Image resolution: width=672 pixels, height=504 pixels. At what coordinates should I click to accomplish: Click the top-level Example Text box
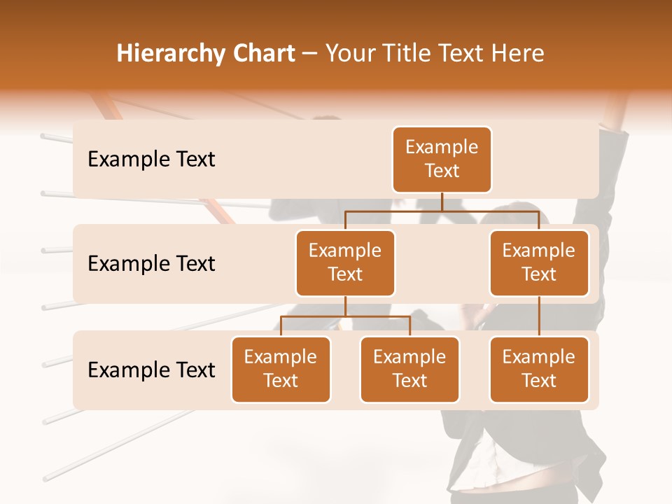(442, 160)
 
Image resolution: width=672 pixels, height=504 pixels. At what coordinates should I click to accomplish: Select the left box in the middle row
(345, 262)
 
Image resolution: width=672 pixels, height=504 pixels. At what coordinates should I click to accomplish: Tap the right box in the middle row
(539, 262)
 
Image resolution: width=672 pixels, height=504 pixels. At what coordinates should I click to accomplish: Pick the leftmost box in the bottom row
(281, 369)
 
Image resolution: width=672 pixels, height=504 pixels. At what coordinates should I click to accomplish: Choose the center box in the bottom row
(409, 369)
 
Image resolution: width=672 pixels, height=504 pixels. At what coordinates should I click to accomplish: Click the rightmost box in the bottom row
(539, 369)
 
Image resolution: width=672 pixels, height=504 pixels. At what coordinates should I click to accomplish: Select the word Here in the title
(518, 53)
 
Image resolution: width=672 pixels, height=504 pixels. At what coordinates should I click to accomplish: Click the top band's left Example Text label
(151, 160)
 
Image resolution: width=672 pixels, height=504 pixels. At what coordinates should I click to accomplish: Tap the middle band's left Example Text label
(151, 264)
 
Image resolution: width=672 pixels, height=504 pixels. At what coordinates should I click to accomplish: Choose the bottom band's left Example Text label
(151, 370)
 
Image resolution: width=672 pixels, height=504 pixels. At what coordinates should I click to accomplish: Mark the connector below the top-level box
(442, 202)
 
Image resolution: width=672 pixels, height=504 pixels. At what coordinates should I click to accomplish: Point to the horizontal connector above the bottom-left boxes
(345, 316)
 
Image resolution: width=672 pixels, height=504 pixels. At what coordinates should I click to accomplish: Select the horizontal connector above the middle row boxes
(442, 211)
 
